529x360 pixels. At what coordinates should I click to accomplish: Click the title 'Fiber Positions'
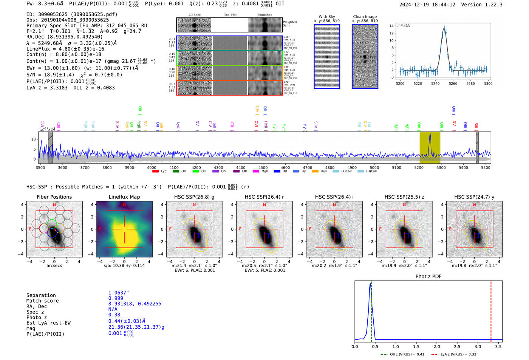54,197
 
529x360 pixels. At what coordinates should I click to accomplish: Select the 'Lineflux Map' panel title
124,197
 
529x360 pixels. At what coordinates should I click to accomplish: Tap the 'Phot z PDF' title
428,277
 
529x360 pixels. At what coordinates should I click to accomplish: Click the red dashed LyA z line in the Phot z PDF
491,310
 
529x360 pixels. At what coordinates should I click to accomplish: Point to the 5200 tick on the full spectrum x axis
419,167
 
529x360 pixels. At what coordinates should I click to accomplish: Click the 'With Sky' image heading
327,17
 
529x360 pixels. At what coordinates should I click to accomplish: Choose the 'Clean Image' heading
365,17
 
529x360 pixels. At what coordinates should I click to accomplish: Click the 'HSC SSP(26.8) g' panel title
194,197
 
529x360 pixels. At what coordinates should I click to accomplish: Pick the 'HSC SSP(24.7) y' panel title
474,197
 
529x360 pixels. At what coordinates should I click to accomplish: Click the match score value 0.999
116,298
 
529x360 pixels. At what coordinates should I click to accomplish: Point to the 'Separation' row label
41,295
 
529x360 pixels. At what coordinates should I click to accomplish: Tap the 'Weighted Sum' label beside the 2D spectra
290,24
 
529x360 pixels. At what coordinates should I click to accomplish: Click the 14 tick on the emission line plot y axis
391,26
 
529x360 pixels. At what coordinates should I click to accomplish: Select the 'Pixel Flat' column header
230,15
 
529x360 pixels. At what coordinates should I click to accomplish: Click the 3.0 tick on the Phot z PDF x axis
478,346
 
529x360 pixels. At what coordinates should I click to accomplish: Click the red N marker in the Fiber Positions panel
54,205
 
